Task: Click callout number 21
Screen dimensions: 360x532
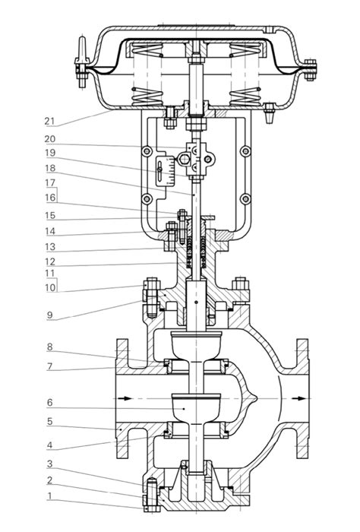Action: click(49, 121)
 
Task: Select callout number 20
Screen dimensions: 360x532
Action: click(50, 139)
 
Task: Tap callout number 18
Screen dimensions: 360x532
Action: click(50, 168)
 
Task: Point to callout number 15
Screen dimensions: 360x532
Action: click(50, 215)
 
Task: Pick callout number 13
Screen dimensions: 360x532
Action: click(50, 247)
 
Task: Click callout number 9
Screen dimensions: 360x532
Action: click(50, 315)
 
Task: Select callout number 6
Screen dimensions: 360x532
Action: click(50, 403)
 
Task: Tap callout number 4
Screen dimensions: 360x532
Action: click(50, 445)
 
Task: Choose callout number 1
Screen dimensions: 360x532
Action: click(50, 496)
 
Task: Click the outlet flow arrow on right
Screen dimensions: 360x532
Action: click(299, 398)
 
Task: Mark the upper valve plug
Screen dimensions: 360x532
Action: click(197, 345)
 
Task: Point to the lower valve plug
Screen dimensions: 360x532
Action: click(197, 408)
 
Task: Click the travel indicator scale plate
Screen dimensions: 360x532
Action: click(166, 171)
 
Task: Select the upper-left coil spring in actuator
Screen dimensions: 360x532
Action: click(147, 50)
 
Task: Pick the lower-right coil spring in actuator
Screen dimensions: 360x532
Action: click(245, 97)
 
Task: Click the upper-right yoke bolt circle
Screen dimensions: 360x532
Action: click(245, 151)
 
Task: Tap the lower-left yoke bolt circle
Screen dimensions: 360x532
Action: click(147, 199)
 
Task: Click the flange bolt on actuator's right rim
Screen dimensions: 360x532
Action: click(310, 70)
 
